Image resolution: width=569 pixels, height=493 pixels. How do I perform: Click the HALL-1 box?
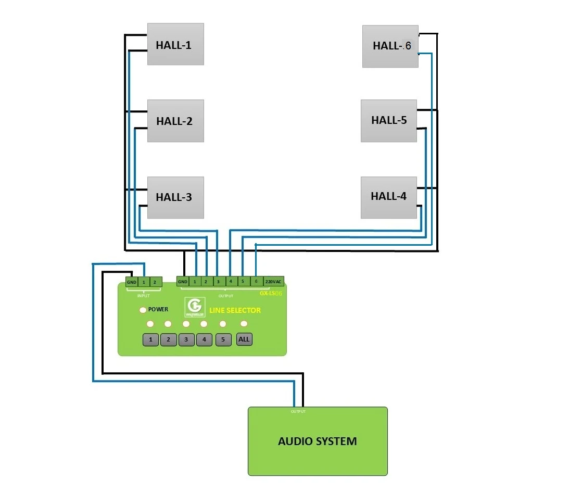[x=175, y=44]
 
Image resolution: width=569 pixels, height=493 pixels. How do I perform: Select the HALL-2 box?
[x=175, y=121]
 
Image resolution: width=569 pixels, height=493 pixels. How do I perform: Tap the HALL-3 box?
[x=175, y=197]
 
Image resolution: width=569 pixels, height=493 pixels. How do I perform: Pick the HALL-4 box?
[x=389, y=197]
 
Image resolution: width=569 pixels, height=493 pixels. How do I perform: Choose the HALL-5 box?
[x=389, y=120]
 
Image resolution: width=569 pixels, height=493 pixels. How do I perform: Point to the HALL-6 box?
[x=390, y=46]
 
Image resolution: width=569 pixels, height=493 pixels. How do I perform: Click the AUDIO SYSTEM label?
[x=317, y=441]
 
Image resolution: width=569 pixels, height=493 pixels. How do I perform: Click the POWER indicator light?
[x=143, y=310]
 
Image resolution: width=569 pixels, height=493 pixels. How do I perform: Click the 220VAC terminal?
[x=273, y=281]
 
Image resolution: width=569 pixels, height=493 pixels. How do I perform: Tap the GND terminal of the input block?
[x=131, y=282]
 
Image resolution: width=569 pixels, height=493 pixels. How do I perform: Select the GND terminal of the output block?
[x=182, y=282]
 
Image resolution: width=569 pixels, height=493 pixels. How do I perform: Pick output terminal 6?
[x=255, y=281]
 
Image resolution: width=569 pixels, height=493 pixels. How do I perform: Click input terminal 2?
[x=155, y=282]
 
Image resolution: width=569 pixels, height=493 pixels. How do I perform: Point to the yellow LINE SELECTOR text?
[x=235, y=310]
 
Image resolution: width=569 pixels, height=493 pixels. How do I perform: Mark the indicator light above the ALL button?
[x=244, y=324]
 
